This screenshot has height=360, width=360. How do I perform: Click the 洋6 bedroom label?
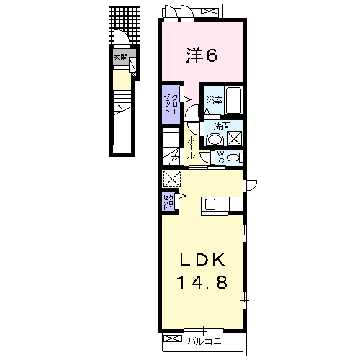pos(202,55)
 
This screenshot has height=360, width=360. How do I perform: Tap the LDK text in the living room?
pos(202,260)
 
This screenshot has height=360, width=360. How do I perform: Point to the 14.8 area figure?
pos(202,282)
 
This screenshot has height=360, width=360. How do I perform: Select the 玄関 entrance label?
pos(121,58)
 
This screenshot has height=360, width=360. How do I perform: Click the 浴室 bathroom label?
pos(214,101)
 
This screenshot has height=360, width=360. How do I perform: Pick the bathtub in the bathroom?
pos(233,100)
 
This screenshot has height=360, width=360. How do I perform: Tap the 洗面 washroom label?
pos(222,127)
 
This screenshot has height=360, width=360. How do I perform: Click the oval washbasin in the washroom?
pos(215,140)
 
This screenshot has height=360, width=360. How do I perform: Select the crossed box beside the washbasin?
pos(234,139)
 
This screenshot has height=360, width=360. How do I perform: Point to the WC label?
pos(221,157)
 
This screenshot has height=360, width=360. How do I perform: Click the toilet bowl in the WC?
pos(233,158)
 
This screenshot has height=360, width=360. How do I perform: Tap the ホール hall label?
pos(191,148)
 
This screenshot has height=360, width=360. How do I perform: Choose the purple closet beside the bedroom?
pos(171,104)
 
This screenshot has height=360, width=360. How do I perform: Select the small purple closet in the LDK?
pos(168,201)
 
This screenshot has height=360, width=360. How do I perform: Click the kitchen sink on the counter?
pos(210,204)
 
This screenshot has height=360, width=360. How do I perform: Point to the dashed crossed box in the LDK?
pos(171,179)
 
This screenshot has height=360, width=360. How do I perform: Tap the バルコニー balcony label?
pos(208,341)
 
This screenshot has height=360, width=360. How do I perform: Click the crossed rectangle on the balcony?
pos(173,338)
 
